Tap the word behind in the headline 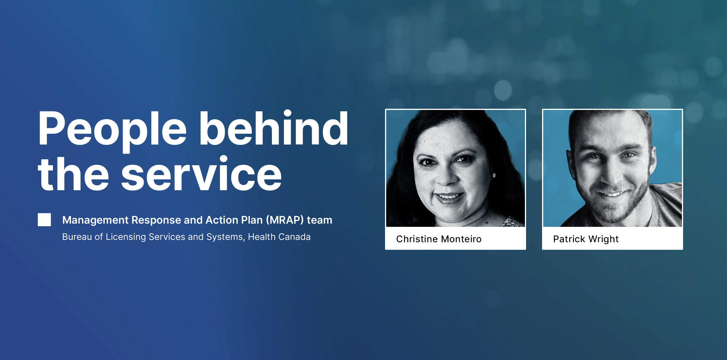click(274, 128)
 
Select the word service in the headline click(201, 174)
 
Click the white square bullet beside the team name click(44, 220)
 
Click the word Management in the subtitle click(95, 220)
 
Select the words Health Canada click(279, 237)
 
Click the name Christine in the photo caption click(417, 239)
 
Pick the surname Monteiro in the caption click(461, 239)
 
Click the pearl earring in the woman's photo click(494, 175)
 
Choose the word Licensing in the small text click(126, 237)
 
